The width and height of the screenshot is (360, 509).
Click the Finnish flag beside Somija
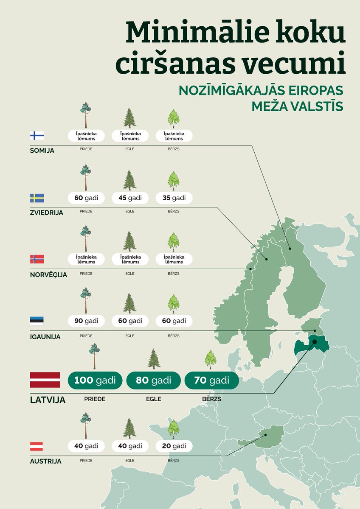[x=37, y=136]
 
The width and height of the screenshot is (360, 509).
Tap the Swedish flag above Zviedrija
[x=37, y=198]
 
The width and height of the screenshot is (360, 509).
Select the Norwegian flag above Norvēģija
[x=37, y=259]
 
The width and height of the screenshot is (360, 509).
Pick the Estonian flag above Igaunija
[x=37, y=321]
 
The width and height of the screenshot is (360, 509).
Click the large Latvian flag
[x=45, y=380]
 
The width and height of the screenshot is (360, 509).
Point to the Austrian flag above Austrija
[x=37, y=446]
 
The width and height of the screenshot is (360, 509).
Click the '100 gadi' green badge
[x=95, y=380]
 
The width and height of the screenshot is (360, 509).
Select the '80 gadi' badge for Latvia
[x=153, y=380]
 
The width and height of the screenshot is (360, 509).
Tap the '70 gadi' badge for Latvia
[x=211, y=380]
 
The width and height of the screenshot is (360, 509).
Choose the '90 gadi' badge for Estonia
[x=86, y=321]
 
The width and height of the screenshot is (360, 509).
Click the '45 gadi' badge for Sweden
[x=130, y=198]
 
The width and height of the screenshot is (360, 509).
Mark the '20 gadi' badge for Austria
[x=174, y=446]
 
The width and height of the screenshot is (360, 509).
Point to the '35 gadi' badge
[x=174, y=198]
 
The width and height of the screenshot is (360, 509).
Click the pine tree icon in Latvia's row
[x=94, y=356]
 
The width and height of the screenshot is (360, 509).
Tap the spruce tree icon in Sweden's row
[x=129, y=180]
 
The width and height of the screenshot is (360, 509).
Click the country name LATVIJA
[x=48, y=400]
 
